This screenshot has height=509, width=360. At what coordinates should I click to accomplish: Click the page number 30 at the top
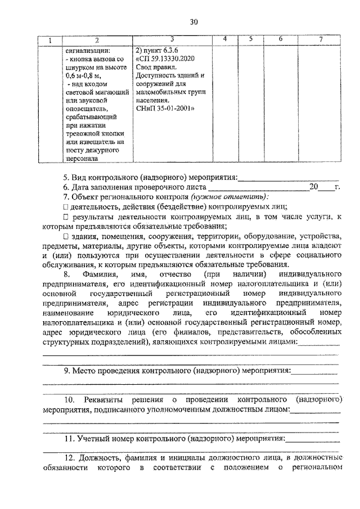tap(193, 22)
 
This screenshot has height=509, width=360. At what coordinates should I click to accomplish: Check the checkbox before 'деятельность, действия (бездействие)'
tap(66, 206)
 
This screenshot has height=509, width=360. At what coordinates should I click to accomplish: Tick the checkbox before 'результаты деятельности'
tap(66, 217)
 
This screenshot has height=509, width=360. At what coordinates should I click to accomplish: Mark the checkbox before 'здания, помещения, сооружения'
tap(66, 236)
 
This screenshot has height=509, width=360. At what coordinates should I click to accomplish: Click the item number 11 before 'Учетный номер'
tap(68, 439)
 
